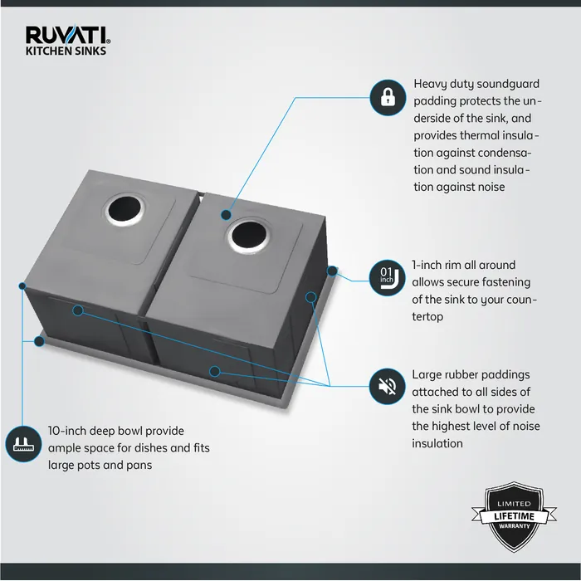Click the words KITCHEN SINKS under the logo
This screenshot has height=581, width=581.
tap(66, 51)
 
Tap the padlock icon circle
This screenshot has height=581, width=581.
tap(387, 98)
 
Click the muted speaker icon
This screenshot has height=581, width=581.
tap(387, 387)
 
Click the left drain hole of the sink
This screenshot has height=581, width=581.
tap(122, 210)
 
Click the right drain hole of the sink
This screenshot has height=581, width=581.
tap(248, 236)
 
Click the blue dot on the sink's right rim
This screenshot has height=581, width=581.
tap(332, 270)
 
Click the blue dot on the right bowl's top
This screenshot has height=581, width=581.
tap(225, 214)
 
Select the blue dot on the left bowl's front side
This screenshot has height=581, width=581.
tap(76, 310)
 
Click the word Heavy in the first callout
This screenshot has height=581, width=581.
tap(431, 84)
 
